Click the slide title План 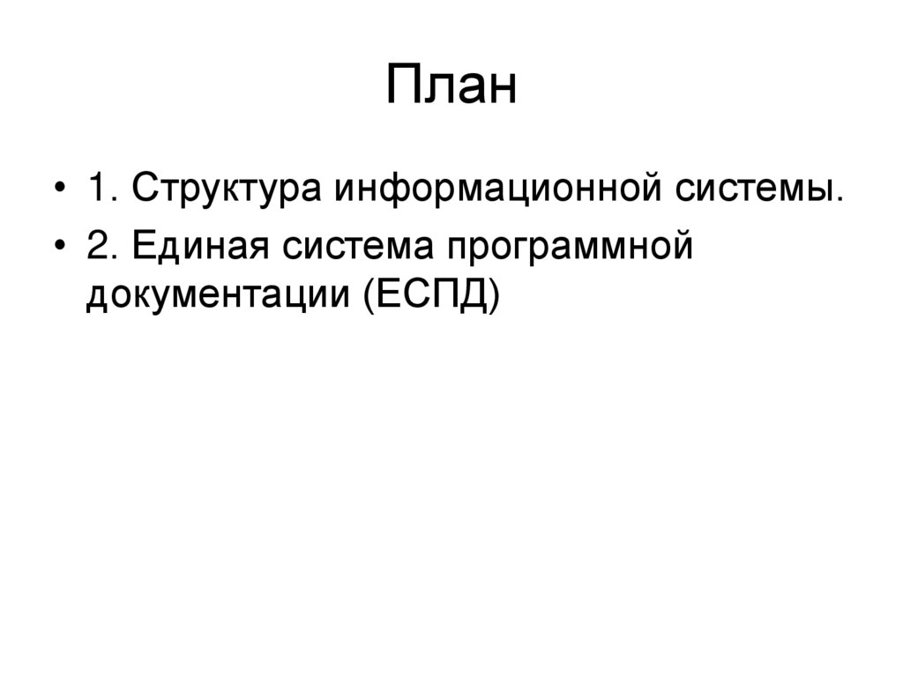coord(451,87)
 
